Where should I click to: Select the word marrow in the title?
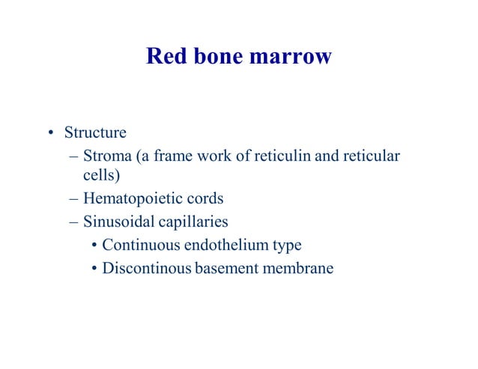[x=292, y=57]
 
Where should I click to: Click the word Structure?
[x=95, y=133]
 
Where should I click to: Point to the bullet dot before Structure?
[x=51, y=135]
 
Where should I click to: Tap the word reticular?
[x=371, y=156]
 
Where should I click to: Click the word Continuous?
[x=138, y=245]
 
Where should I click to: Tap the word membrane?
[x=295, y=267]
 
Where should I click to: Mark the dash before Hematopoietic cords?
[x=72, y=200]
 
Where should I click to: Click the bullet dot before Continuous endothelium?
[x=94, y=246]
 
